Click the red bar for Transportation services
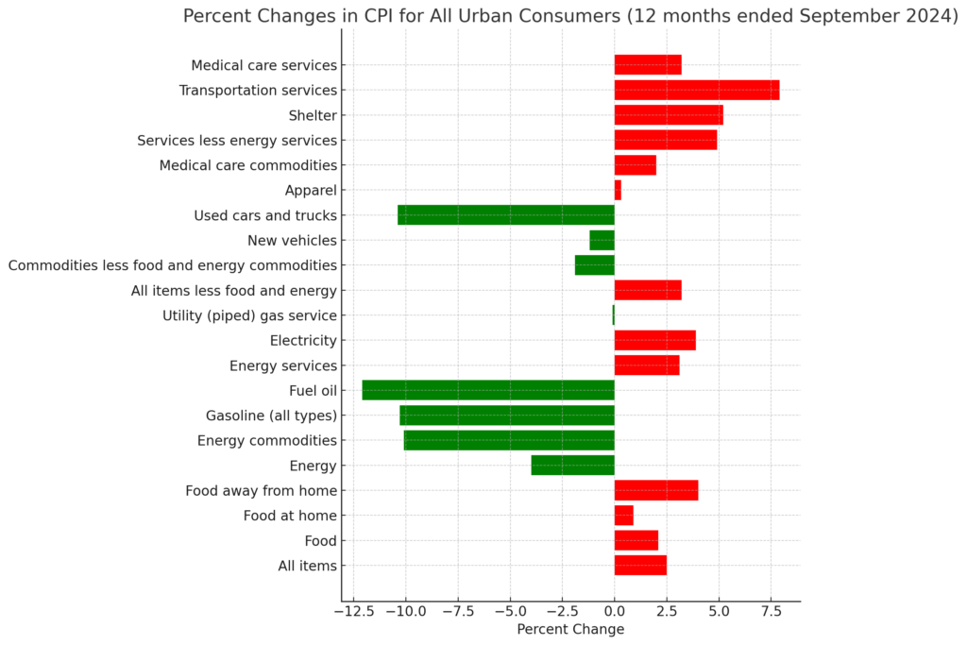point(696,91)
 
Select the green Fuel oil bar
point(488,390)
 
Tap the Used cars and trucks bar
point(505,215)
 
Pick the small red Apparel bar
point(618,191)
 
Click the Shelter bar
point(669,115)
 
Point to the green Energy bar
point(572,466)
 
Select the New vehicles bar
point(602,241)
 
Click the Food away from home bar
point(655,490)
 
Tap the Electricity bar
point(654,341)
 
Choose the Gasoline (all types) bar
point(507,416)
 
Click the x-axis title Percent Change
point(570,630)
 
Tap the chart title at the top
point(570,16)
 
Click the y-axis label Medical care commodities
point(248,165)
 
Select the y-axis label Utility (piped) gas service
point(249,315)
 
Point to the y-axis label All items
point(307,566)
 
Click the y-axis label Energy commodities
point(267,440)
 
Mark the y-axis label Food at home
point(290,516)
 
